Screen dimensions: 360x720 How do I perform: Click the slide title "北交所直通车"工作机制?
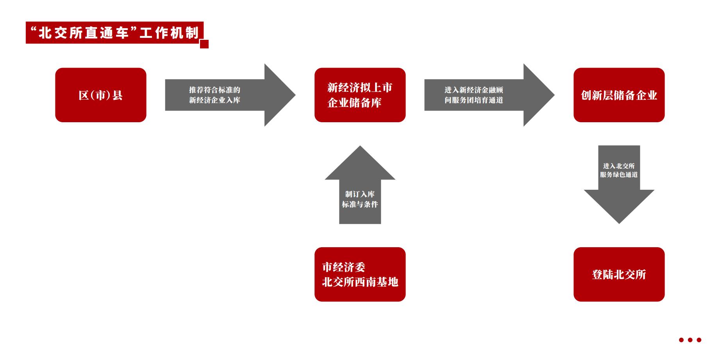click(114, 33)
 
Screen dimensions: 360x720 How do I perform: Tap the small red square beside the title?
click(204, 44)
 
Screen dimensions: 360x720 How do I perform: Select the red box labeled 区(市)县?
click(101, 95)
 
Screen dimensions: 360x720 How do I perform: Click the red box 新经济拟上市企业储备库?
click(360, 95)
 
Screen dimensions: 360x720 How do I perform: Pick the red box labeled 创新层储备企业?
click(619, 95)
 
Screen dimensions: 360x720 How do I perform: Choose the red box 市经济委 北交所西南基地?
click(360, 274)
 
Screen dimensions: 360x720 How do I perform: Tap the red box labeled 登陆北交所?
click(619, 274)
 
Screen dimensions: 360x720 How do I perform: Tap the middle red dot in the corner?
click(690, 340)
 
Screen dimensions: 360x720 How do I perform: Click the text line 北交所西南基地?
click(360, 282)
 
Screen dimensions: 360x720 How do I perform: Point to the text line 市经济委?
click(343, 267)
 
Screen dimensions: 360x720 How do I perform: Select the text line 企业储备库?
click(354, 103)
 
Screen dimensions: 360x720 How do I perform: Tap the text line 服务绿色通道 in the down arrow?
click(619, 175)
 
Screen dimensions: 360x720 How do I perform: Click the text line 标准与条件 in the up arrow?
click(360, 204)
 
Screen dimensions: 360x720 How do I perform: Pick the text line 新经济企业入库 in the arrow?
click(214, 100)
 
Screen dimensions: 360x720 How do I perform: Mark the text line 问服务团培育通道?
click(473, 100)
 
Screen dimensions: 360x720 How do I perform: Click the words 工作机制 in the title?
click(169, 33)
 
